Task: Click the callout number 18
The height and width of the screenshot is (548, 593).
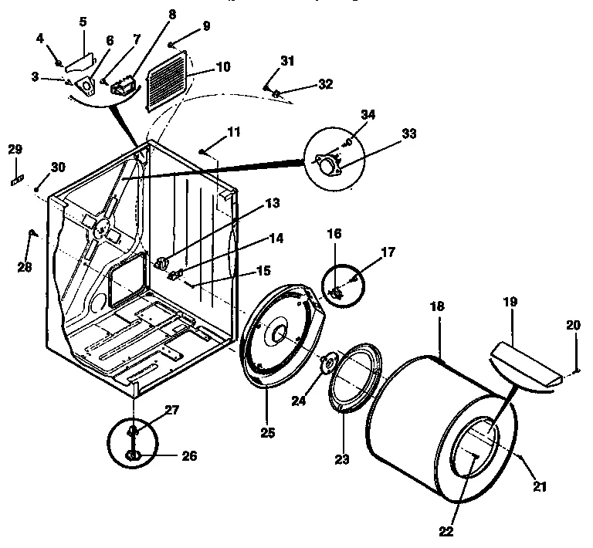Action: point(437,306)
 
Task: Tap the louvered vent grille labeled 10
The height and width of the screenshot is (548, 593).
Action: point(168,80)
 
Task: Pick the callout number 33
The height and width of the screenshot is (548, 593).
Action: point(408,134)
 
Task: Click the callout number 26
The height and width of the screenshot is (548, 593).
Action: point(188,456)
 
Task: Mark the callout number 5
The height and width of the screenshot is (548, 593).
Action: point(83,22)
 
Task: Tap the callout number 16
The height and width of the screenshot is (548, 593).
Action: point(334,232)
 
